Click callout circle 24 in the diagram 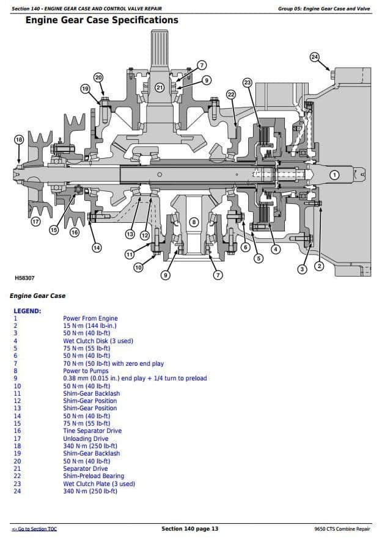tap(314, 57)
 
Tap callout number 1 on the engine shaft tap(334, 175)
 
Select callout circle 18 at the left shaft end tap(19, 140)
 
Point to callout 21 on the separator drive tap(160, 87)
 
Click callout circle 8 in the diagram tap(194, 222)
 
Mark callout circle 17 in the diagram tap(35, 222)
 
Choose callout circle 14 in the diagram tap(97, 247)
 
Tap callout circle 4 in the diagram tap(276, 249)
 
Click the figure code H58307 tap(24, 278)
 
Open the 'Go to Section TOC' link tap(34, 529)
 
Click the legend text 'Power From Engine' tap(90, 318)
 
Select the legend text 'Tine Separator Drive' tap(92, 430)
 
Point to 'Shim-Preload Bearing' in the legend tap(93, 476)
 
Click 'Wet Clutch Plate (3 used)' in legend tap(98, 484)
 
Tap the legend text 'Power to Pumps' tap(86, 371)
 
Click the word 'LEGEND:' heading tap(27, 311)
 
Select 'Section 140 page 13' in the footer tap(189, 529)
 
